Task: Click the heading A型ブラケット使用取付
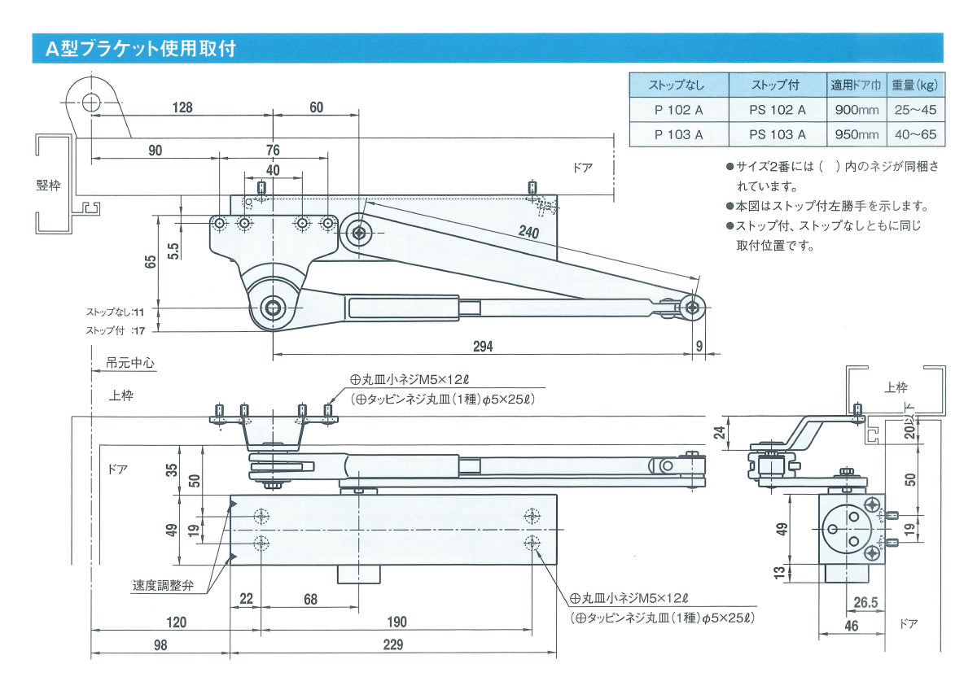(141, 49)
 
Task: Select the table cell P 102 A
(678, 110)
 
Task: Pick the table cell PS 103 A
(777, 134)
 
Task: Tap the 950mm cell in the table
(854, 134)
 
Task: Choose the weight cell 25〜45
(914, 110)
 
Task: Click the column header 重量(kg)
(914, 85)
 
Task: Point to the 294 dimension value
(483, 346)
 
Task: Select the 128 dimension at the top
(182, 107)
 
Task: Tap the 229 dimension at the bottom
(393, 644)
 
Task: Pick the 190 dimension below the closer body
(396, 622)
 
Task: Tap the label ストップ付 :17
(116, 330)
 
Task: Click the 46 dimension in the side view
(852, 626)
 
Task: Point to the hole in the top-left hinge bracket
(91, 103)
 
